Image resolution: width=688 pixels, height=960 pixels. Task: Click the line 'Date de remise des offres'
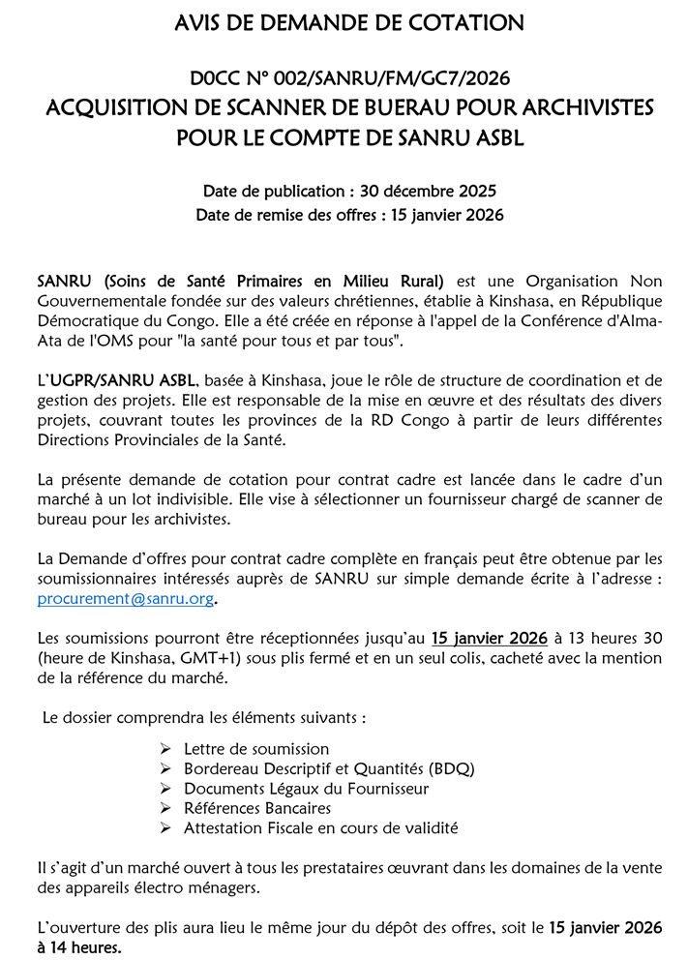[x=349, y=214]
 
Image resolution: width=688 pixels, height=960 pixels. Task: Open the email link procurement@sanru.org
[x=124, y=599]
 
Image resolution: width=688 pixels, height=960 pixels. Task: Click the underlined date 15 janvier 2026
[x=489, y=638]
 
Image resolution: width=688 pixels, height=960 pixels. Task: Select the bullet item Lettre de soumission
[x=256, y=749]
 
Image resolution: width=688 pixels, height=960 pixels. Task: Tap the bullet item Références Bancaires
[x=257, y=808]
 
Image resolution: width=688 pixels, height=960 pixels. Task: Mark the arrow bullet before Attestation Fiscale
[x=165, y=828]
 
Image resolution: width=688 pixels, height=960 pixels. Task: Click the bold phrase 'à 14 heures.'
[x=79, y=946]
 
